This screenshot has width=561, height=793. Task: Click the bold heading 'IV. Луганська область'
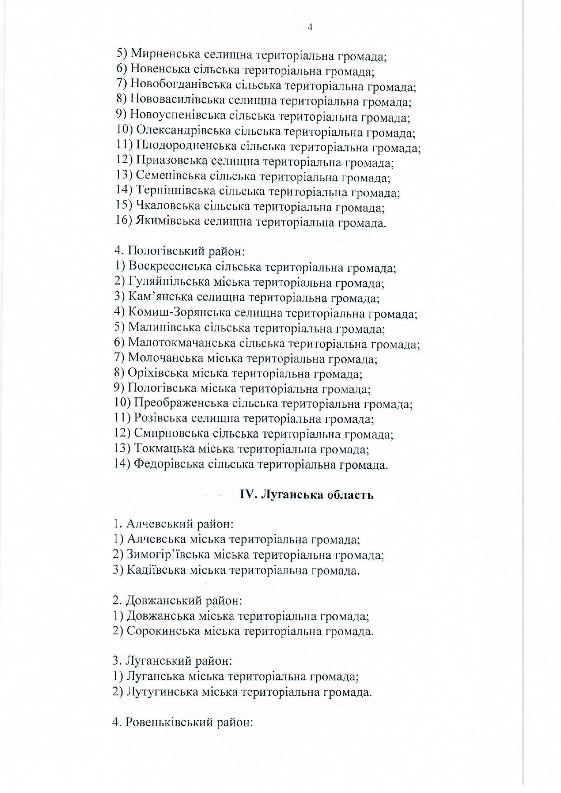(306, 495)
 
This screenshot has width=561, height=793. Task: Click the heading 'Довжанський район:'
(177, 601)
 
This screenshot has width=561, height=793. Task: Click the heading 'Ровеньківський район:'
(182, 722)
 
